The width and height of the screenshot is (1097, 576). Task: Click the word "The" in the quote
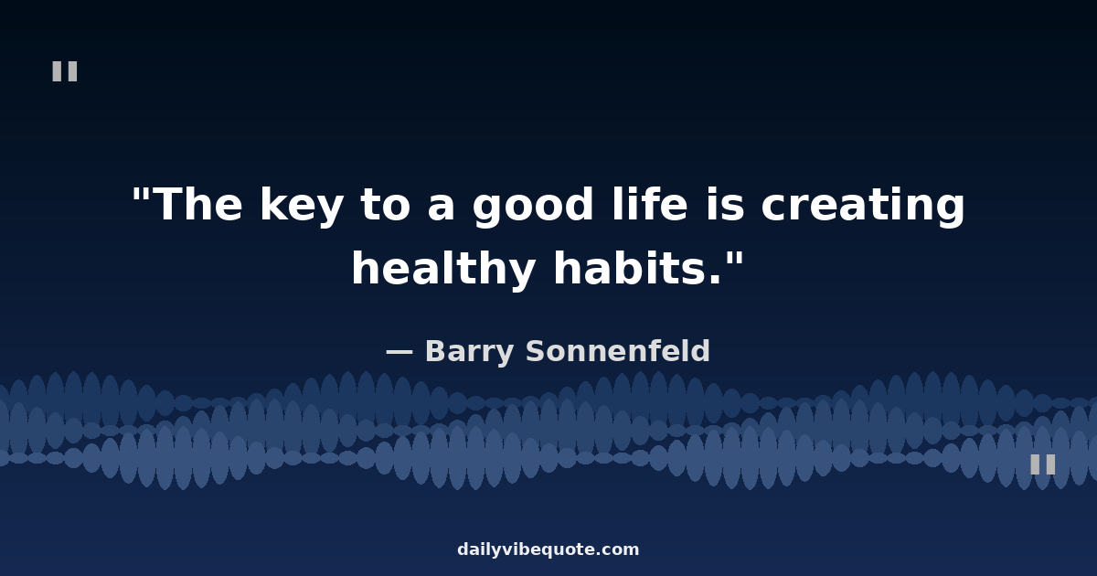point(200,204)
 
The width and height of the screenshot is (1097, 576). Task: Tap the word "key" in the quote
point(301,207)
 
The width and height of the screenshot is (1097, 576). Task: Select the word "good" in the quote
point(533,207)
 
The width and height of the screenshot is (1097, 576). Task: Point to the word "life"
point(650,203)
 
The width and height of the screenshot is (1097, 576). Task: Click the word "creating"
point(863,207)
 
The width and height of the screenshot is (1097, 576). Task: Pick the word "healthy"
point(443,270)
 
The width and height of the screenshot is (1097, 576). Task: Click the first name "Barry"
point(470,352)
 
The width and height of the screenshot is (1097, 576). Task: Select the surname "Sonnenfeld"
point(618,351)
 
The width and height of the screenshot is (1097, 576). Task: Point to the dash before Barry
point(399,352)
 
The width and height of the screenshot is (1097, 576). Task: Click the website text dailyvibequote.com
point(548,549)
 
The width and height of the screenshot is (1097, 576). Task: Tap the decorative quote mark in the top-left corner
point(65,71)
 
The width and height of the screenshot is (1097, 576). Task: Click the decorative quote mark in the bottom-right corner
point(1043,464)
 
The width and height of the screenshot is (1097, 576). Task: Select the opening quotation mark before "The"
point(141,194)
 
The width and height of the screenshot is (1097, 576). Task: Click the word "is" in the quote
point(726,203)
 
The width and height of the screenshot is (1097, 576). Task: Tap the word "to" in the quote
point(386,205)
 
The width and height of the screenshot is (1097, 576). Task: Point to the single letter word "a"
point(442,208)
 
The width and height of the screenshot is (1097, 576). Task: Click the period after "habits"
point(716,279)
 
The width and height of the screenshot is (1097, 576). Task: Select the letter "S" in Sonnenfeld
point(536,351)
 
